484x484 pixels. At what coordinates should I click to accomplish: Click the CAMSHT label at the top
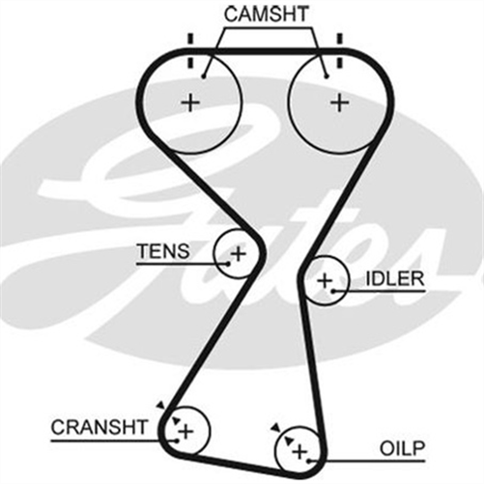pos(267,14)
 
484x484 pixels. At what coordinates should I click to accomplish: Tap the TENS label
pos(163,251)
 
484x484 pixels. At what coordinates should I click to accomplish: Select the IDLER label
pos(395,279)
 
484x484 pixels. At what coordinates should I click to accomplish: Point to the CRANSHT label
pos(100,427)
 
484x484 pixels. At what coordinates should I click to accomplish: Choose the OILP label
pos(403,448)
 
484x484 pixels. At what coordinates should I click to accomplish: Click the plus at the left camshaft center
pos(190,103)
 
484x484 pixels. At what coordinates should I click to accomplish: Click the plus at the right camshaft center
pos(340,103)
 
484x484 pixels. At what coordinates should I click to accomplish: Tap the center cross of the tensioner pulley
pos(239,254)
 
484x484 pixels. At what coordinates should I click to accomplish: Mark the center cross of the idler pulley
pos(325,281)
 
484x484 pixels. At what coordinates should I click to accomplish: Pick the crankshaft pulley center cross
pos(185,432)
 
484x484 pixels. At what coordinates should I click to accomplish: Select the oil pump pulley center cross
pos(299,452)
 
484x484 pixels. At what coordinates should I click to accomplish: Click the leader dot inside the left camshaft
pos(203,76)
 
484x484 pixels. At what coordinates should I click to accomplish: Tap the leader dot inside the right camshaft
pos(327,76)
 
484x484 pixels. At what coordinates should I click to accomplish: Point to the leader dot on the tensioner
pos(228,264)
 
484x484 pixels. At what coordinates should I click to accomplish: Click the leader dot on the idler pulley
pos(334,291)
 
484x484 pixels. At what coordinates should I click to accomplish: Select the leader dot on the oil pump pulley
pos(309,461)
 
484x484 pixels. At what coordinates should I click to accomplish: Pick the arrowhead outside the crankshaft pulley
pos(160,406)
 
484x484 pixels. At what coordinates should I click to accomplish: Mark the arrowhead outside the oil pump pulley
pos(275,428)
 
